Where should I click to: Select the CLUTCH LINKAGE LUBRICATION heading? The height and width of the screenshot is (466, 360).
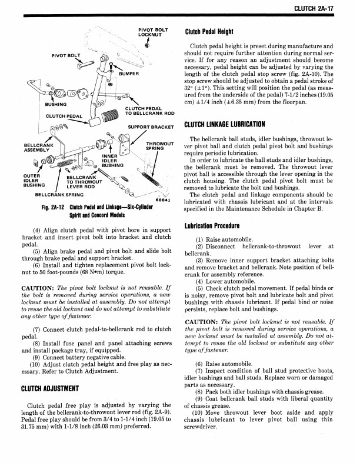225,124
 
